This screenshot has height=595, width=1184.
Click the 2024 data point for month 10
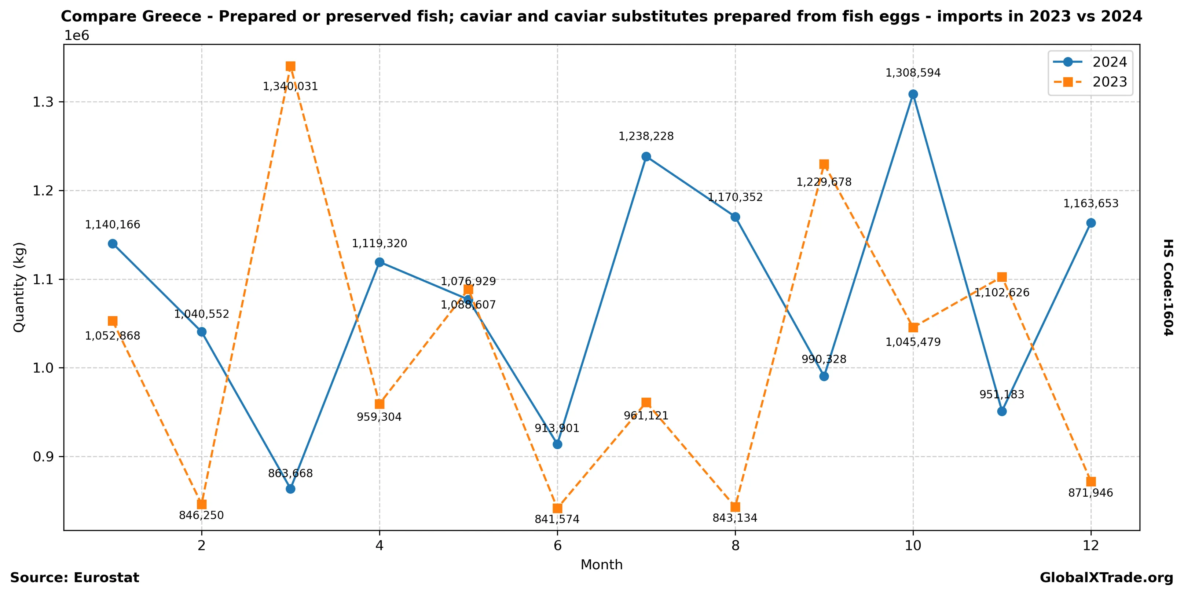coord(913,94)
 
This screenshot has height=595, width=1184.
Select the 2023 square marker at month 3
coord(290,66)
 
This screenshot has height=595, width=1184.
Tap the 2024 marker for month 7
coord(646,156)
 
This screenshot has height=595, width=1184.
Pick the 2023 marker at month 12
coord(1091,481)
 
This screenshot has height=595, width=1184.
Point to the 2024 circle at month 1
coord(113,244)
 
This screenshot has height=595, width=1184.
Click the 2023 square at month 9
coord(824,164)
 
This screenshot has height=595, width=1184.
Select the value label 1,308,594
coord(913,73)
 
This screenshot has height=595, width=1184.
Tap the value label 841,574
coord(557,519)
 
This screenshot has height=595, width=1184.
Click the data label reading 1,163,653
coord(1091,203)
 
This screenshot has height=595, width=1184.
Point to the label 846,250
coord(201,515)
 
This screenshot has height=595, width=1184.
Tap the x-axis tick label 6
coord(557,546)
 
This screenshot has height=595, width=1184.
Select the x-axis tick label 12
coord(1091,546)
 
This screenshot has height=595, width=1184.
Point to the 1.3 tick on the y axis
coord(43,102)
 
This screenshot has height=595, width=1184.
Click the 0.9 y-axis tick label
coord(43,457)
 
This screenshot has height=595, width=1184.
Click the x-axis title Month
coord(601,565)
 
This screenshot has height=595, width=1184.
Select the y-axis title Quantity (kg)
coord(19,287)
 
